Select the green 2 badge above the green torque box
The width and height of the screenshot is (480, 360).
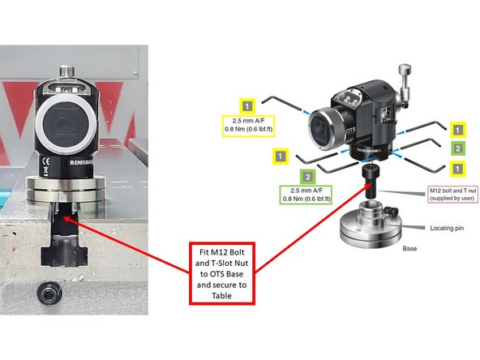point(308,176)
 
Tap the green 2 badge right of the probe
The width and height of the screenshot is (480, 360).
point(458,148)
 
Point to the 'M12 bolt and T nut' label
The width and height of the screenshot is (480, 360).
point(451,195)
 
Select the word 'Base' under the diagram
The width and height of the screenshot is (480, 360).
point(410,249)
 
